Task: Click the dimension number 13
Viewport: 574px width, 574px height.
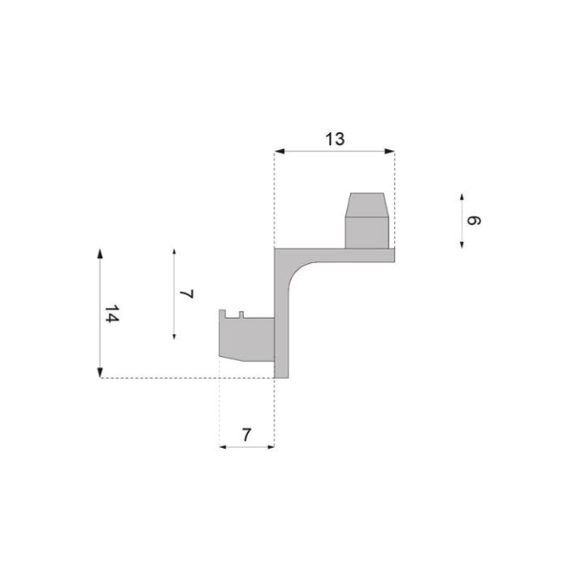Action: (x=335, y=140)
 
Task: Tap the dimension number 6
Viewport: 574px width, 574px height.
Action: (x=474, y=220)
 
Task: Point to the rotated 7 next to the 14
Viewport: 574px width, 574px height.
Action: (x=187, y=294)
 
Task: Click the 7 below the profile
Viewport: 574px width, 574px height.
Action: (x=247, y=435)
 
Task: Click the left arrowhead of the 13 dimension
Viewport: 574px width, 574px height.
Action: (x=279, y=151)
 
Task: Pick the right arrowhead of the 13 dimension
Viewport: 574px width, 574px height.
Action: (x=389, y=151)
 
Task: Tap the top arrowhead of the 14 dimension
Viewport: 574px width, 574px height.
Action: (x=99, y=254)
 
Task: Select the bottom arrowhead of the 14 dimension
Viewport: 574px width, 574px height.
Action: (x=99, y=373)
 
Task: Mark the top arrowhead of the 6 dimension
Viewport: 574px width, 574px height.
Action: (x=462, y=197)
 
